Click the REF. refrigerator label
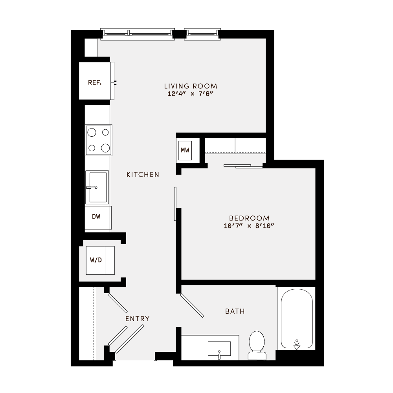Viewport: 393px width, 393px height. [x=95, y=83]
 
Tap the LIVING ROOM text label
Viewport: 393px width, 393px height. [x=191, y=86]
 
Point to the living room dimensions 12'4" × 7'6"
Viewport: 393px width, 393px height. [x=191, y=94]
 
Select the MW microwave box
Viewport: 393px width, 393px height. [x=185, y=150]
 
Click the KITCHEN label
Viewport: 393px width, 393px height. [x=143, y=174]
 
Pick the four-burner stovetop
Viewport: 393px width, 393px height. [x=99, y=140]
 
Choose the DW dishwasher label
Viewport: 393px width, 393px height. [x=96, y=217]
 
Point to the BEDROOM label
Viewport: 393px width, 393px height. [x=249, y=218]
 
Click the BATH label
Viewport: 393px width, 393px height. [x=235, y=311]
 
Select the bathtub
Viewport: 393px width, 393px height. [x=297, y=318]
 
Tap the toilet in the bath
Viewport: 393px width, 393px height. [x=257, y=345]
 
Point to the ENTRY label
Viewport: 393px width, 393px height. [x=137, y=319]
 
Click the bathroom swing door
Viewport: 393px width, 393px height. [x=192, y=305]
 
